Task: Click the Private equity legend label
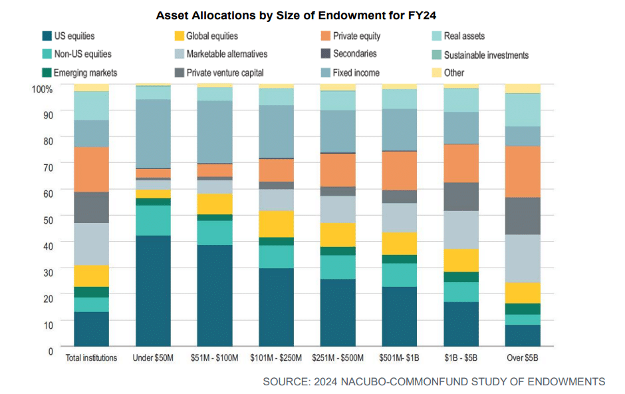pyautogui.click(x=356, y=36)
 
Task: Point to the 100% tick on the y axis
pyautogui.click(x=43, y=89)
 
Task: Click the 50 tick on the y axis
pyautogui.click(x=48, y=216)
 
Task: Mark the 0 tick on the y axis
pyautogui.click(x=50, y=350)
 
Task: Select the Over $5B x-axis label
pyautogui.click(x=523, y=358)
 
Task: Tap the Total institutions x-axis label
pyautogui.click(x=92, y=358)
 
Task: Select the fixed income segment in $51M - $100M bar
pyautogui.click(x=215, y=132)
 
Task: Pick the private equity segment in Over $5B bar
pyautogui.click(x=523, y=172)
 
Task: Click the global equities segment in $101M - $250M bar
pyautogui.click(x=276, y=224)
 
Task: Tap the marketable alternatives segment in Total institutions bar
pyautogui.click(x=92, y=244)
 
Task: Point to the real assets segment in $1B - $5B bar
pyautogui.click(x=461, y=100)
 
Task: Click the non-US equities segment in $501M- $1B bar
pyautogui.click(x=399, y=275)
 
